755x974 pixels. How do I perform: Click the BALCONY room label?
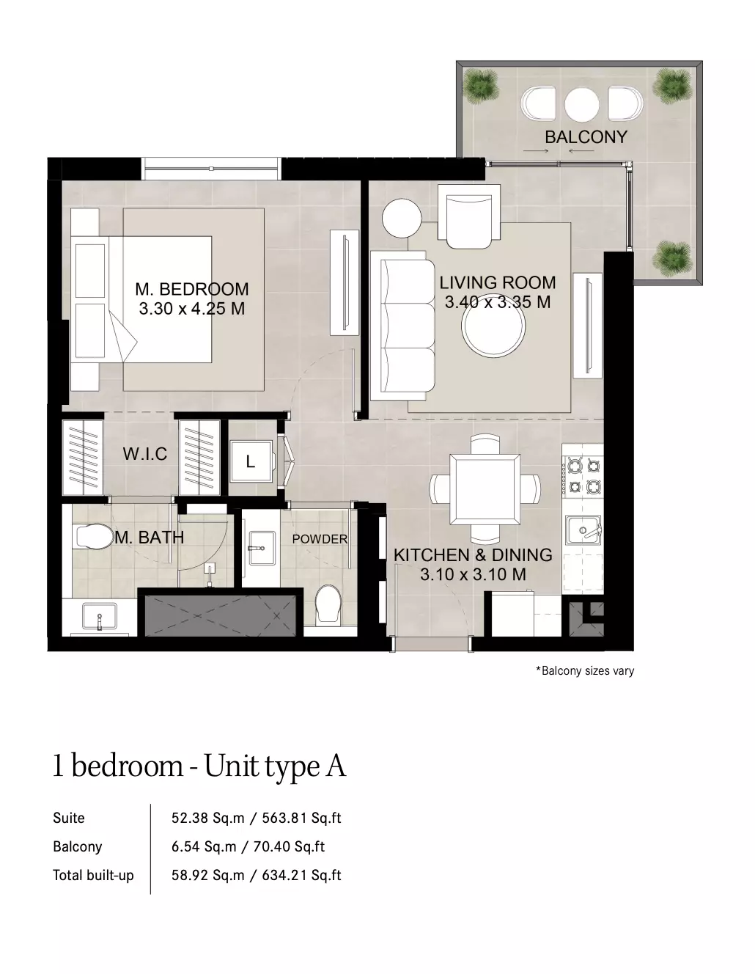click(586, 136)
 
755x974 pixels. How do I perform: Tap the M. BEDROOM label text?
click(191, 289)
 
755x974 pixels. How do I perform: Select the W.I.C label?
click(144, 454)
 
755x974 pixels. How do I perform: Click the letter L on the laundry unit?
click(251, 461)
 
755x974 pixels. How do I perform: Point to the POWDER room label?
click(320, 539)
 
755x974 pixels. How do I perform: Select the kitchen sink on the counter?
click(583, 530)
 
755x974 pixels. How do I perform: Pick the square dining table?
click(485, 489)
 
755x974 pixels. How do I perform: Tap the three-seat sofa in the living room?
click(403, 325)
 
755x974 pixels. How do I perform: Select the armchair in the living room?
click(469, 216)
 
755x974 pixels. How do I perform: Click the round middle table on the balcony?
click(581, 104)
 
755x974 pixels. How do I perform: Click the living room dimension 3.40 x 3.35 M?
click(498, 302)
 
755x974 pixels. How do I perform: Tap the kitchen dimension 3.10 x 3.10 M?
click(473, 574)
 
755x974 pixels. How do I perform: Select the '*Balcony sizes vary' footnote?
click(585, 670)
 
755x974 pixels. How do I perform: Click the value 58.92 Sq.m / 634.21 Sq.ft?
click(256, 876)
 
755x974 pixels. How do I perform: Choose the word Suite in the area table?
click(68, 818)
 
